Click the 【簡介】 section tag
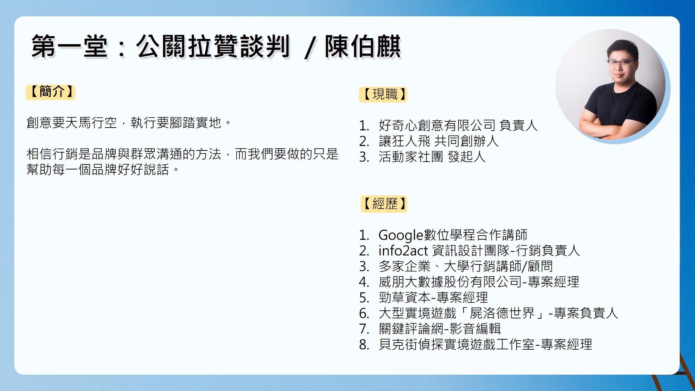tap(51, 92)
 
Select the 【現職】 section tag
tap(383, 95)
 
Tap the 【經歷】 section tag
tap(384, 204)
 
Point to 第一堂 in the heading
tap(69, 46)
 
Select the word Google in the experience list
tap(401, 236)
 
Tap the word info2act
tap(403, 251)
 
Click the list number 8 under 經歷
tap(364, 345)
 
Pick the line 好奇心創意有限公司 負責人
tap(458, 125)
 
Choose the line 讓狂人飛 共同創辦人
tap(439, 141)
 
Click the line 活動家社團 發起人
tap(432, 157)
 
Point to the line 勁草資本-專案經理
tap(433, 298)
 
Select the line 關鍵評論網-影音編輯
tap(440, 329)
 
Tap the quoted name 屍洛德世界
tap(502, 313)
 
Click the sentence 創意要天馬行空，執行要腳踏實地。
tap(129, 123)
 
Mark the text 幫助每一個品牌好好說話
tap(98, 170)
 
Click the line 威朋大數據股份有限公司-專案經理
tap(479, 282)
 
